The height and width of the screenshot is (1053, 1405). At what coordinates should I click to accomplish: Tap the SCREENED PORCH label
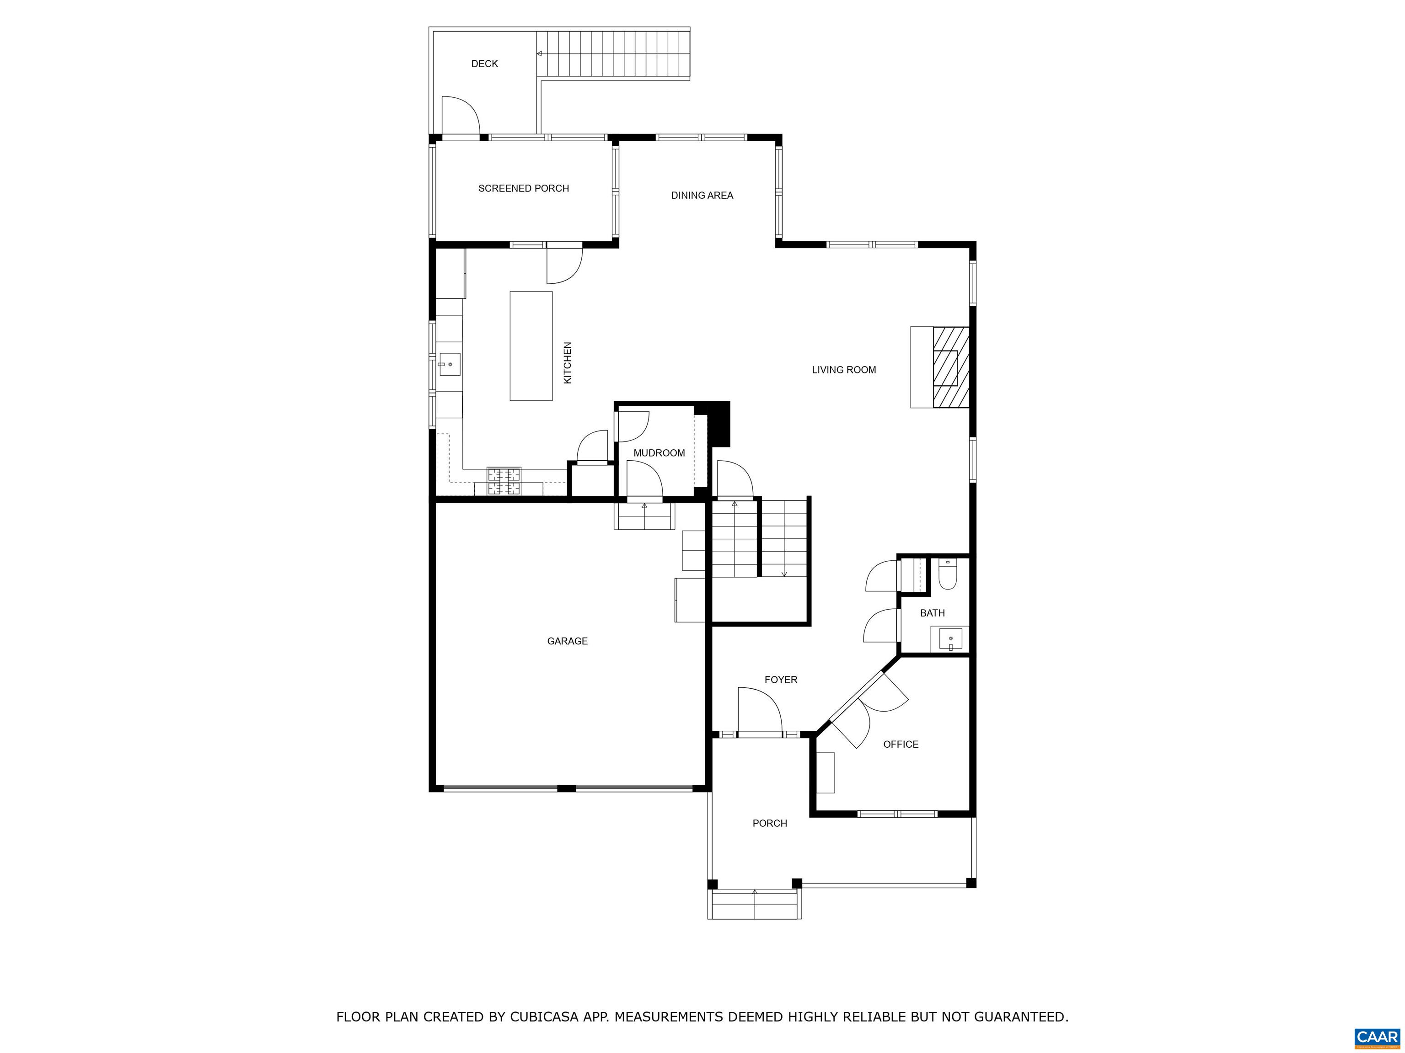click(x=523, y=188)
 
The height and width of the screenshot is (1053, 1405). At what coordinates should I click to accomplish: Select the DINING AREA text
click(x=702, y=196)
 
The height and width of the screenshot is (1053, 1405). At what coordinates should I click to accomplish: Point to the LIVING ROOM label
click(x=843, y=370)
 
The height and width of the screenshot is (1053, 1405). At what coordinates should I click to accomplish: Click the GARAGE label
click(x=567, y=641)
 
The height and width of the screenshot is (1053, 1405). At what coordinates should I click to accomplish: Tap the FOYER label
click(x=781, y=680)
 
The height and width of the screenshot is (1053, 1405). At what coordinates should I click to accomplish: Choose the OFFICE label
click(x=901, y=745)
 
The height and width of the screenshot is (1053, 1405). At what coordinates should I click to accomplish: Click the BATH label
click(x=933, y=613)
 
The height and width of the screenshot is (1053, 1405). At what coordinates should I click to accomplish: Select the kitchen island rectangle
click(x=531, y=346)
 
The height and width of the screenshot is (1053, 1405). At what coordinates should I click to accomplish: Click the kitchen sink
click(x=449, y=364)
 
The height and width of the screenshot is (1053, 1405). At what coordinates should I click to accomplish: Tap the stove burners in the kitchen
click(x=504, y=481)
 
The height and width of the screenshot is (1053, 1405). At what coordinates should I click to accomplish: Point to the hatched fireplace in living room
click(x=950, y=367)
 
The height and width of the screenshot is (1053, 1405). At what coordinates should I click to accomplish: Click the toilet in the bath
click(x=948, y=574)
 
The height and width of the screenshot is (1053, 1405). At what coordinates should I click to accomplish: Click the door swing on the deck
click(x=461, y=116)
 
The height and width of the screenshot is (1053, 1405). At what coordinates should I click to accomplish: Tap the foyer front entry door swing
click(x=760, y=710)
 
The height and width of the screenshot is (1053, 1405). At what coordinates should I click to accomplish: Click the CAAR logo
click(x=1377, y=1037)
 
